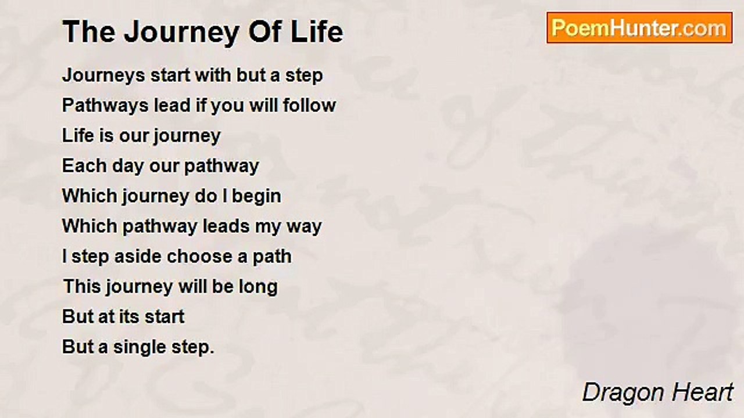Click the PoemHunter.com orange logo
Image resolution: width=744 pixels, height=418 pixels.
point(639,28)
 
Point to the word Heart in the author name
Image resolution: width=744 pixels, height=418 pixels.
point(702,392)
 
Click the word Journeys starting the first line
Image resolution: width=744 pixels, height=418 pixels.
point(103,76)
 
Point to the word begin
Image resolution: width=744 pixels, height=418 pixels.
point(256,197)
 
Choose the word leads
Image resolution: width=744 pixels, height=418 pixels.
point(226,226)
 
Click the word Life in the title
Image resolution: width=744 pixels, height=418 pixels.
point(317,32)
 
